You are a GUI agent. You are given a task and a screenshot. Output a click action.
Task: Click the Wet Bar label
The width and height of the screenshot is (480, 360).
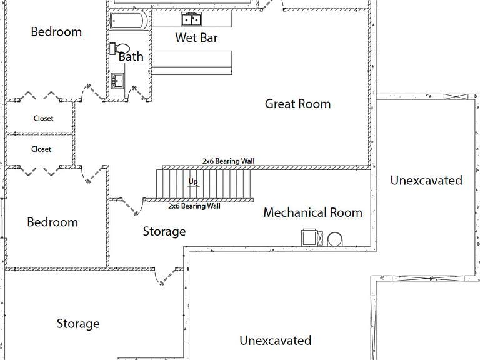tap(196, 37)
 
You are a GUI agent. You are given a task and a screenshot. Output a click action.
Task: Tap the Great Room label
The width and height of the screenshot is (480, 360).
tap(298, 104)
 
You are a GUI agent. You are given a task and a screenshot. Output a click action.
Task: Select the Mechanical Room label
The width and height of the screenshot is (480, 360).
tap(313, 212)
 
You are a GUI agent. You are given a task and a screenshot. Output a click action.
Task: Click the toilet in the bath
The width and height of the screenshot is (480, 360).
tap(120, 49)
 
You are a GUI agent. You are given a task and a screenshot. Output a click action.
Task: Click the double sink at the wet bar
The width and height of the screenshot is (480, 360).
tap(191, 19)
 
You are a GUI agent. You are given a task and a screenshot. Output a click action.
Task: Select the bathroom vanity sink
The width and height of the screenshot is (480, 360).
tap(117, 81)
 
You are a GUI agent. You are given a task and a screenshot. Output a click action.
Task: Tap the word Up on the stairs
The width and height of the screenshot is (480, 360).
tap(193, 181)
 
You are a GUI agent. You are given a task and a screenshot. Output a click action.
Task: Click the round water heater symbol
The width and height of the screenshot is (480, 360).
tap(335, 239)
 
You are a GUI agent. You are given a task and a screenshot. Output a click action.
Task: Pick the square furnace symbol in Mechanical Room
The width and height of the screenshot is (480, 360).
tap(309, 237)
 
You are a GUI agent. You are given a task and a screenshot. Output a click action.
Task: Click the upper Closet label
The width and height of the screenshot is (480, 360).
tap(44, 119)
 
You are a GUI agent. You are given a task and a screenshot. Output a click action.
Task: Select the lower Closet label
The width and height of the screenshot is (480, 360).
tap(41, 149)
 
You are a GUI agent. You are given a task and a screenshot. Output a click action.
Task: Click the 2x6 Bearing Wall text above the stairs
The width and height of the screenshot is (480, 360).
tap(228, 161)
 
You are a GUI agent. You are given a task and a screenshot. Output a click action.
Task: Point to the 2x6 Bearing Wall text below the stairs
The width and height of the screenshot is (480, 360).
tap(194, 206)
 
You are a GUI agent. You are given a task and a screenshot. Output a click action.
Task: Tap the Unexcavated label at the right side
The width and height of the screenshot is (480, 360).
tap(426, 180)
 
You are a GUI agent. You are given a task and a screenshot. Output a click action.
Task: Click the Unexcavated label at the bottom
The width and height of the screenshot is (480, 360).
tap(276, 341)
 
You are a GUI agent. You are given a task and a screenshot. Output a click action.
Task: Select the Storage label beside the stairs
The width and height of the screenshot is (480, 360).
tap(164, 232)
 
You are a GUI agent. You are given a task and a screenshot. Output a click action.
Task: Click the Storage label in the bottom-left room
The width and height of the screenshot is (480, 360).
tap(78, 324)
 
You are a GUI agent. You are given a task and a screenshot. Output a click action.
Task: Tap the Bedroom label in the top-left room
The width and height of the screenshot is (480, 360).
tap(56, 32)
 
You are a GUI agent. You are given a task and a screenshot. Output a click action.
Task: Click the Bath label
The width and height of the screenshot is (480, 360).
tap(131, 57)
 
